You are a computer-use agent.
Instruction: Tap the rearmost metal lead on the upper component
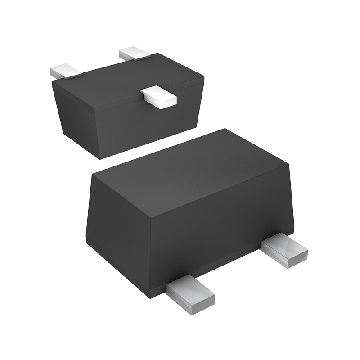click(134, 54)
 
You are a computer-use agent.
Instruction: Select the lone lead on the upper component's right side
click(158, 96)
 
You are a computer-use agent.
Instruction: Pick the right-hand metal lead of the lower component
click(284, 251)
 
